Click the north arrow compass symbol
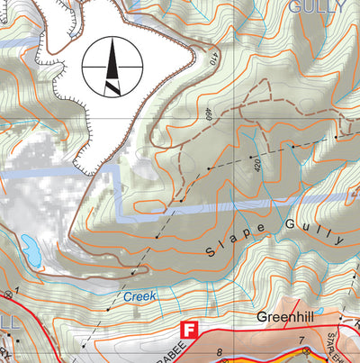coord(112,67)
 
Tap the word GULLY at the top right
coord(317,7)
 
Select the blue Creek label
coord(139,295)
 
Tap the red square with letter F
coord(189,330)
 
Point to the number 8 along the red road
coord(219,352)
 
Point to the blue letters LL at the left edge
coord(7,322)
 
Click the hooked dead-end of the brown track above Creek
coord(135,270)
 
